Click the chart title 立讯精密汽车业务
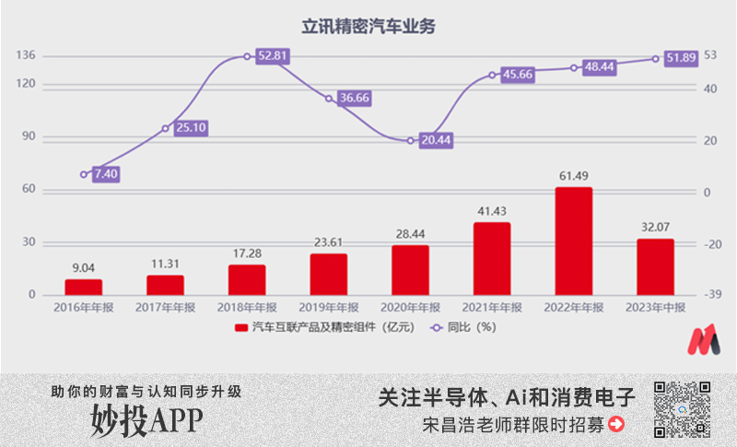click(x=368, y=27)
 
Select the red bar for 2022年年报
click(x=573, y=241)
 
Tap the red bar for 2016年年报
click(x=84, y=287)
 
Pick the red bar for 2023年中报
click(x=655, y=266)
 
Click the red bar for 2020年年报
click(x=410, y=269)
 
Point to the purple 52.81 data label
click(x=273, y=56)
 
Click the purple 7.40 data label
click(x=107, y=173)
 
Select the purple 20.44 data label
click(x=436, y=140)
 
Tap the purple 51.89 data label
click(x=682, y=57)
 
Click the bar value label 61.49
click(x=573, y=176)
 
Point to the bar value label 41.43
click(x=492, y=211)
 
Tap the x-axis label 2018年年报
click(x=248, y=308)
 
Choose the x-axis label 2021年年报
click(x=492, y=308)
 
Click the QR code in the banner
click(x=683, y=408)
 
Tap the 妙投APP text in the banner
click(x=146, y=419)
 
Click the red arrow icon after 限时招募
click(x=617, y=425)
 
